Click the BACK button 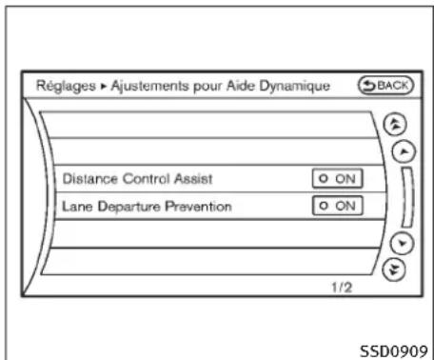[390, 85]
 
